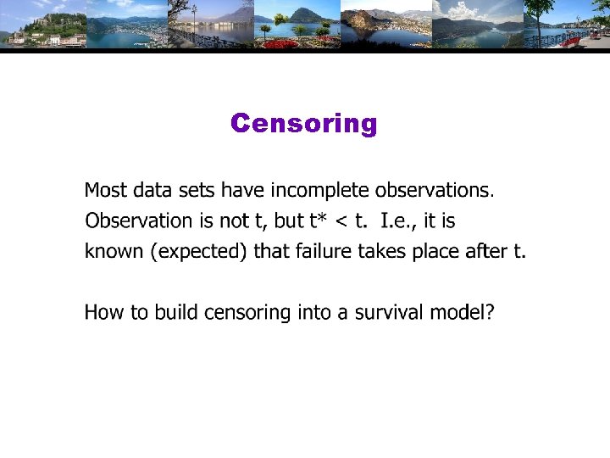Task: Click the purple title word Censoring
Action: [x=303, y=124]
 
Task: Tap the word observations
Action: [x=433, y=189]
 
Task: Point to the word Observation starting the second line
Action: [x=139, y=221]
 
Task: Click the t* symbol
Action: [x=319, y=221]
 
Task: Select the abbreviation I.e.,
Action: [x=398, y=221]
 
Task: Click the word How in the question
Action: [x=104, y=313]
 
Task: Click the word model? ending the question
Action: [x=463, y=313]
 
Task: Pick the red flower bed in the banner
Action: [x=282, y=43]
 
